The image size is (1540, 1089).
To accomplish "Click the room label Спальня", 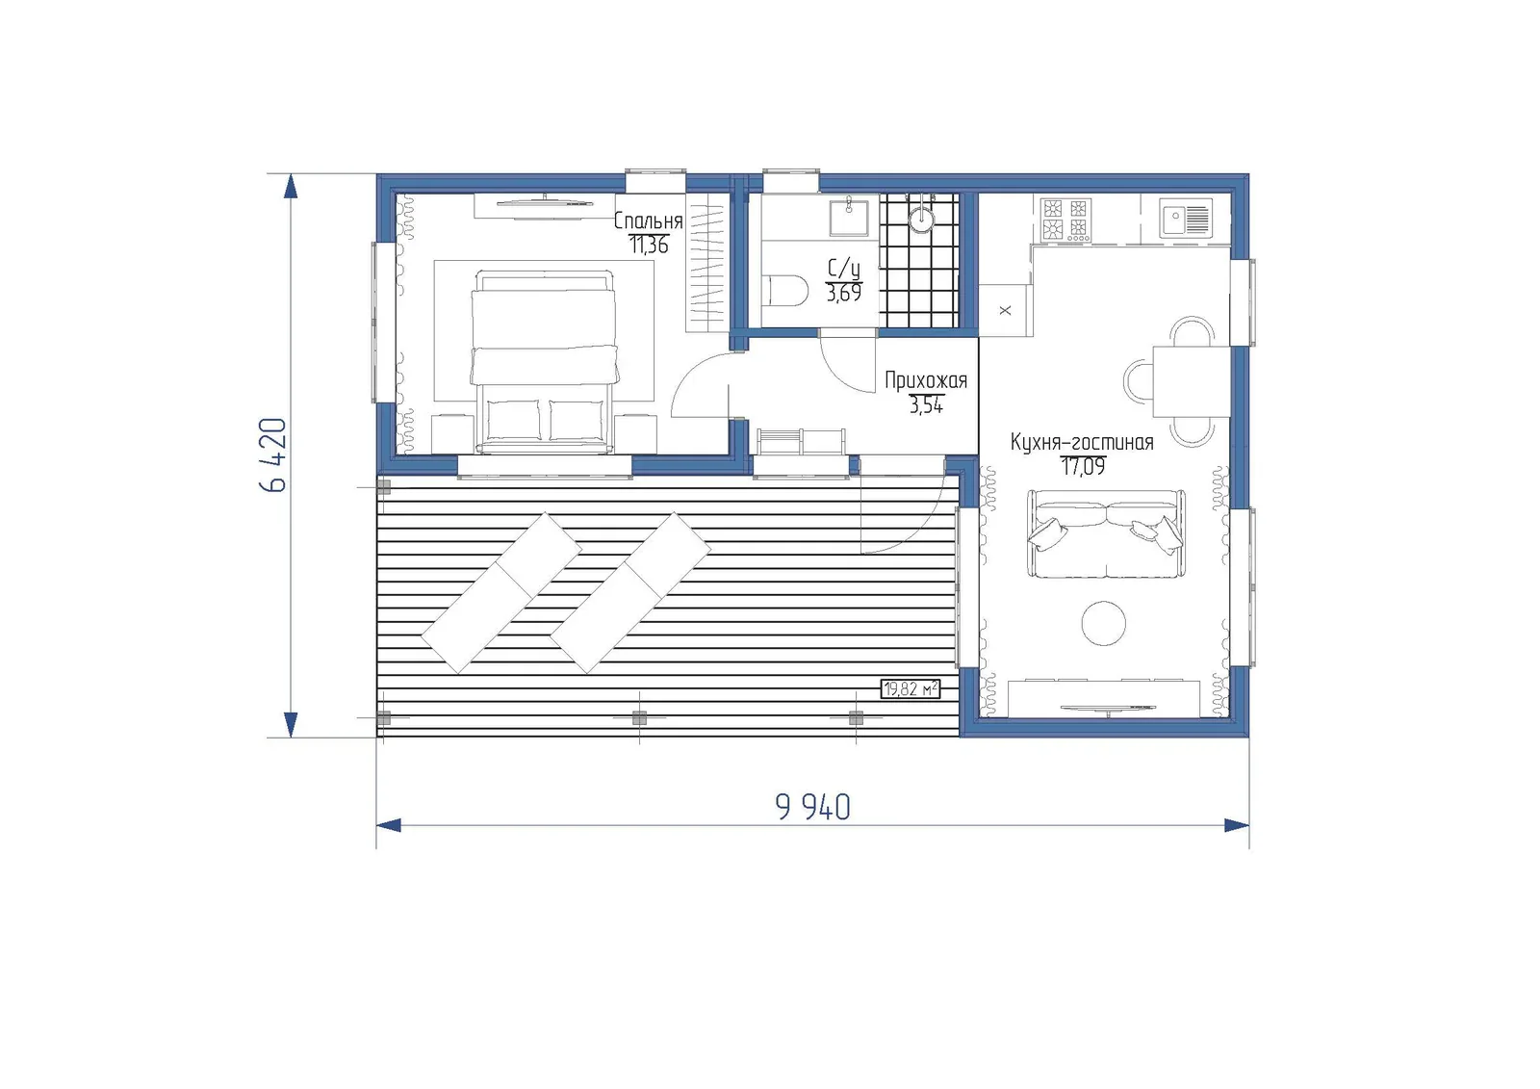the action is tap(648, 220).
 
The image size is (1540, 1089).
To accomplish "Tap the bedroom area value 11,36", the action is tap(649, 245).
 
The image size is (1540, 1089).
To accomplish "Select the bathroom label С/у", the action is tap(843, 269).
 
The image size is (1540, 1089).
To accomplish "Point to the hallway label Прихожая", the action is tap(925, 380).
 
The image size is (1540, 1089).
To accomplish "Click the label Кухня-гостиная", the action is tap(1082, 442).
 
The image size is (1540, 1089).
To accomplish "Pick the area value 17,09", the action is tap(1083, 467).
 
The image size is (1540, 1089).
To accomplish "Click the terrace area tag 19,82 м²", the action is tap(911, 688).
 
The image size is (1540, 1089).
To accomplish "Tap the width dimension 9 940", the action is tap(812, 807).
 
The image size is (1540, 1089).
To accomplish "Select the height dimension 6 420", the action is tap(273, 454).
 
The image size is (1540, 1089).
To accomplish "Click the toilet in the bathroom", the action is tap(786, 291).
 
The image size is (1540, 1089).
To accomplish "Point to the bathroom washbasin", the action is tap(848, 217).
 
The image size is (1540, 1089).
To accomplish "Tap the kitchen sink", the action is tap(1186, 218).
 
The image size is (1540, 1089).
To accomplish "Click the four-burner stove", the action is tap(1065, 220).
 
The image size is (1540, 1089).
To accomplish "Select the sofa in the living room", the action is tap(1106, 533).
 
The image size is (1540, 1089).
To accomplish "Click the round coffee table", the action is tap(1103, 623).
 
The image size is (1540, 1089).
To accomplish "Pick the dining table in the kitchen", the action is tap(1192, 382).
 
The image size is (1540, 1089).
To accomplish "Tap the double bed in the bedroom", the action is tap(543, 362).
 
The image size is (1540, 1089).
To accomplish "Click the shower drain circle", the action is tap(921, 219).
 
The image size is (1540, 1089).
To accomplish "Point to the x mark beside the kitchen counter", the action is tap(1005, 310).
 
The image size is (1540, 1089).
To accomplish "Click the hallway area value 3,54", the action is tap(926, 406).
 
